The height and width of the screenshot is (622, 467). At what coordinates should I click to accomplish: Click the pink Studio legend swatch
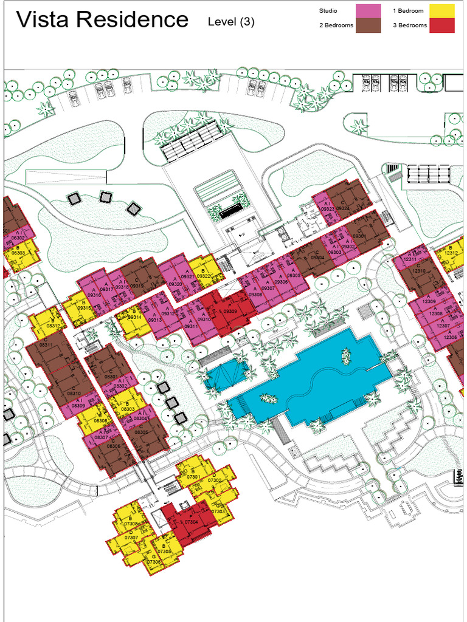point(368,11)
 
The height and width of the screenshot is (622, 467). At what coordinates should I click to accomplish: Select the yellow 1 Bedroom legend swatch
point(441,11)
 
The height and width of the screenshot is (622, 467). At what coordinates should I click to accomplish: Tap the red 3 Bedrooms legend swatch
point(441,26)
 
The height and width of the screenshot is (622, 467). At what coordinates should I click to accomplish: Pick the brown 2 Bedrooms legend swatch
point(368,26)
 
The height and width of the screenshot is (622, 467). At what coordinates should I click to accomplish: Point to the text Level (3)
point(231,22)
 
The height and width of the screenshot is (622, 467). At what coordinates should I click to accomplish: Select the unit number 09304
point(318,258)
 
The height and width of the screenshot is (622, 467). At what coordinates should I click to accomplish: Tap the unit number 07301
point(193,477)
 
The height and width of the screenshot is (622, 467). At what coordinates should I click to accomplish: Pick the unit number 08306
point(113,446)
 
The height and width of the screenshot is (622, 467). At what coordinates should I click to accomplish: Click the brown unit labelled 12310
point(418,270)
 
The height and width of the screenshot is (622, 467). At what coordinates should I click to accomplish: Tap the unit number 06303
point(18,253)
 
